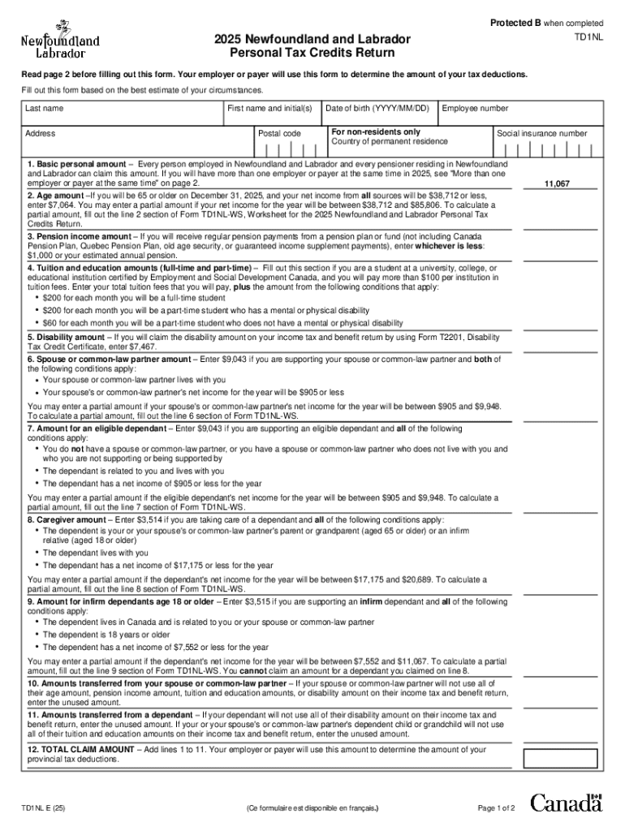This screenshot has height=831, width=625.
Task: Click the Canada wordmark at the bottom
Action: click(567, 803)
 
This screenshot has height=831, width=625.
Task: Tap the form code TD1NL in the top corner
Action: click(588, 38)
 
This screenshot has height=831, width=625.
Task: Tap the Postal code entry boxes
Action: click(288, 150)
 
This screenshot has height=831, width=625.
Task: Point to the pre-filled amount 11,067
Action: click(557, 184)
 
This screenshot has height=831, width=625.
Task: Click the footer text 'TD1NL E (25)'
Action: click(45, 808)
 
